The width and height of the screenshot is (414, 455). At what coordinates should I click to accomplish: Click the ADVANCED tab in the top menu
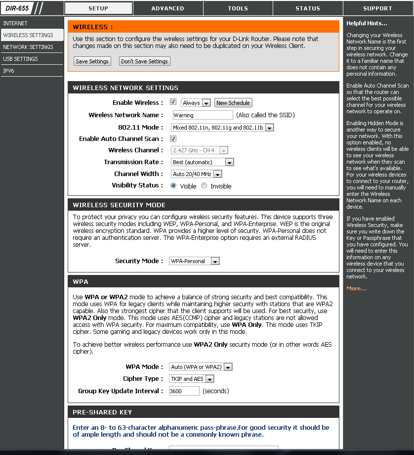pyautogui.click(x=168, y=8)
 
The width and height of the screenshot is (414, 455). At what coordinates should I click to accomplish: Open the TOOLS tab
pyautogui.click(x=238, y=8)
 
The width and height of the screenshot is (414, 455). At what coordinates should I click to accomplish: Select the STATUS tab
pyautogui.click(x=308, y=8)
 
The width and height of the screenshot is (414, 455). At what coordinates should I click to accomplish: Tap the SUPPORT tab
pyautogui.click(x=377, y=8)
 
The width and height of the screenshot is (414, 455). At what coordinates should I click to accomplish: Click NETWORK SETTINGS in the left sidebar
pyautogui.click(x=28, y=47)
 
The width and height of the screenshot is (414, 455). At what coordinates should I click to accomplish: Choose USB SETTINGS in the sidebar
pyautogui.click(x=20, y=59)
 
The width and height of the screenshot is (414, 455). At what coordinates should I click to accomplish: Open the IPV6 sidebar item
pyautogui.click(x=8, y=71)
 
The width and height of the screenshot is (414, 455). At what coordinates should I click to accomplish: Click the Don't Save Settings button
pyautogui.click(x=145, y=61)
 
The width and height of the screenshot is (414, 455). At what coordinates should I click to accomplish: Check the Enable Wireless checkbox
pyautogui.click(x=173, y=102)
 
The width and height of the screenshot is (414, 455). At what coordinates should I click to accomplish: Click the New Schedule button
pyautogui.click(x=233, y=103)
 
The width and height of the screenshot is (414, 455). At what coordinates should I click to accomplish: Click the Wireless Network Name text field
pyautogui.click(x=203, y=115)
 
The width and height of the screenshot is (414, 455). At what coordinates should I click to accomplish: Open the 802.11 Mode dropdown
pyautogui.click(x=222, y=128)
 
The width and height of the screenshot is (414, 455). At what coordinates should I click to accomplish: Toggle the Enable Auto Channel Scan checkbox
pyautogui.click(x=173, y=139)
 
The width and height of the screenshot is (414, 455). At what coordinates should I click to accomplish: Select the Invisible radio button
pyautogui.click(x=204, y=186)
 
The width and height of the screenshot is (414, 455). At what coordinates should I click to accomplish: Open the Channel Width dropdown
pyautogui.click(x=197, y=174)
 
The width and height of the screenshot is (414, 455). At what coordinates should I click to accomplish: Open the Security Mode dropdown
pyautogui.click(x=194, y=261)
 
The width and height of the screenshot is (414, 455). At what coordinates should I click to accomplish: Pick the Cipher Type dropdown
pyautogui.click(x=192, y=379)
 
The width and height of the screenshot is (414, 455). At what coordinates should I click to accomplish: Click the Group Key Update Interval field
pyautogui.click(x=184, y=391)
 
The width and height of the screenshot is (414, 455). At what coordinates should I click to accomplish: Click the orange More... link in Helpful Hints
pyautogui.click(x=356, y=288)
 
